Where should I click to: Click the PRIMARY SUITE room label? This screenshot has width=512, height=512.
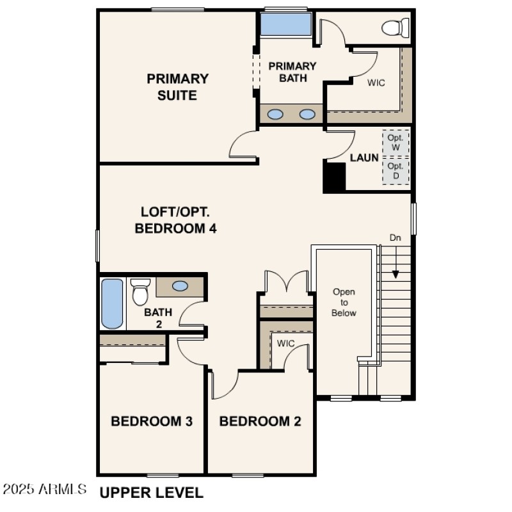177,87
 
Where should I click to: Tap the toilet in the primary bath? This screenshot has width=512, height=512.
395,27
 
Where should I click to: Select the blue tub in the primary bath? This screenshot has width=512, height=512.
285,24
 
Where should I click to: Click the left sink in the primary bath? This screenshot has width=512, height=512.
275,115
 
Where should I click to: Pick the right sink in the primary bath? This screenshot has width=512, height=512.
308,115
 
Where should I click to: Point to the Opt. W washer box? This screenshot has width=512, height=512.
395,141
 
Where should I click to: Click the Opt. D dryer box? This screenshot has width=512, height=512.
395,170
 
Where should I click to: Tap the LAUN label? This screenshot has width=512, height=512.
364,157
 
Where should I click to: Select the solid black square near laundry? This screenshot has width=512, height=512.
333,176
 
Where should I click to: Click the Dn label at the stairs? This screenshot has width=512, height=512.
396,237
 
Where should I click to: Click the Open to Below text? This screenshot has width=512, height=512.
344,302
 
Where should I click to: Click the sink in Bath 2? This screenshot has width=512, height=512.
180,286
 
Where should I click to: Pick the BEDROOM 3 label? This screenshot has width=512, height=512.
152,421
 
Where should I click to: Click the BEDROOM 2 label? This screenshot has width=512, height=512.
260,421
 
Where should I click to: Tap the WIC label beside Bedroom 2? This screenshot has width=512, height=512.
285,344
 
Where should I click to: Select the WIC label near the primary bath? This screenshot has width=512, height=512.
376,83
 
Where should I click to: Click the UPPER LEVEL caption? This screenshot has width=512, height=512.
151,492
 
